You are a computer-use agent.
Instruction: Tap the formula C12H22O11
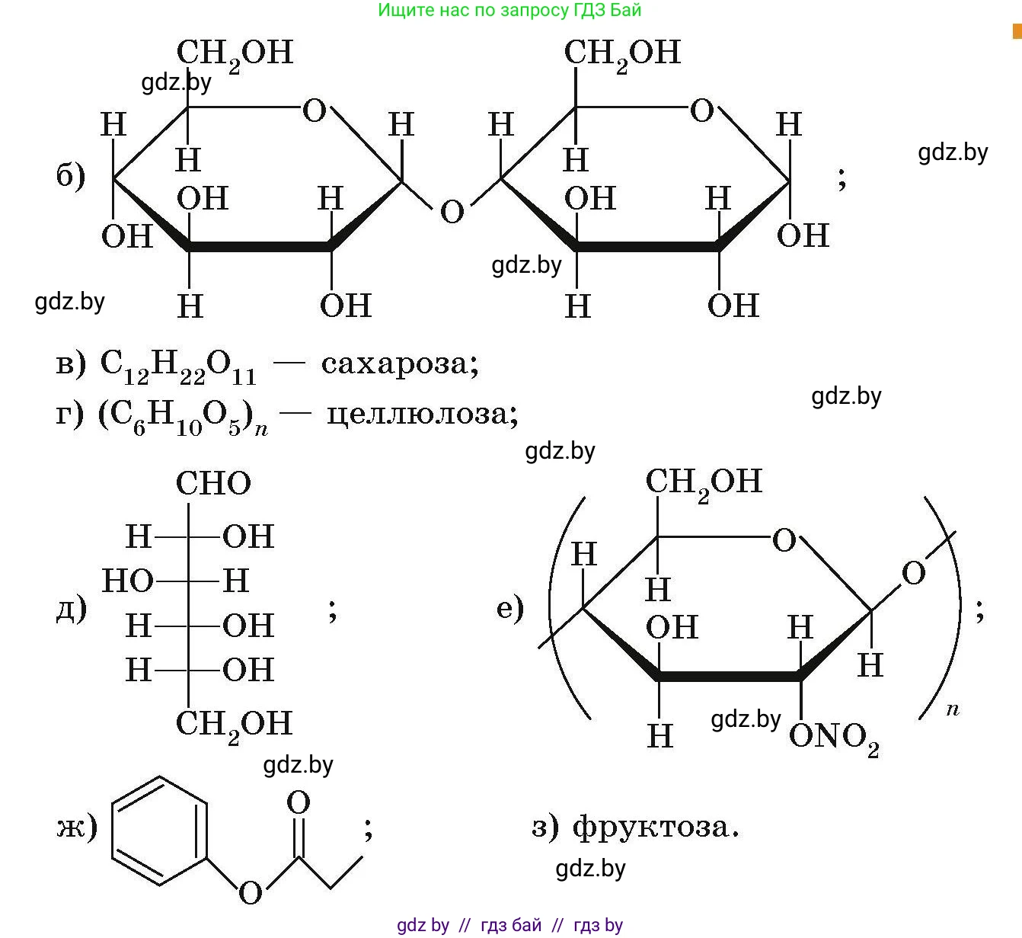tap(177, 365)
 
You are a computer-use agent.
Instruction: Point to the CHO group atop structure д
tap(213, 484)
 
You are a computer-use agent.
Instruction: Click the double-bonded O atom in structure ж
tap(299, 803)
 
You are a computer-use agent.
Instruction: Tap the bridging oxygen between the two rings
tap(452, 211)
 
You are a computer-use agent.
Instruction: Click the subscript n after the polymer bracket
tap(952, 710)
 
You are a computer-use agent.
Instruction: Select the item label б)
tap(70, 177)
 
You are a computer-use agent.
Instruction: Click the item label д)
tap(71, 609)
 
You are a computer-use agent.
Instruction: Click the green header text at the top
tap(509, 10)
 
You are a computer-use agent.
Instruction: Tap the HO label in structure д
tap(127, 581)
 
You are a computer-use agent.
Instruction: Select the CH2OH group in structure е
tap(703, 482)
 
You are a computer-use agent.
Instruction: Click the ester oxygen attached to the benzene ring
tap(250, 892)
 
